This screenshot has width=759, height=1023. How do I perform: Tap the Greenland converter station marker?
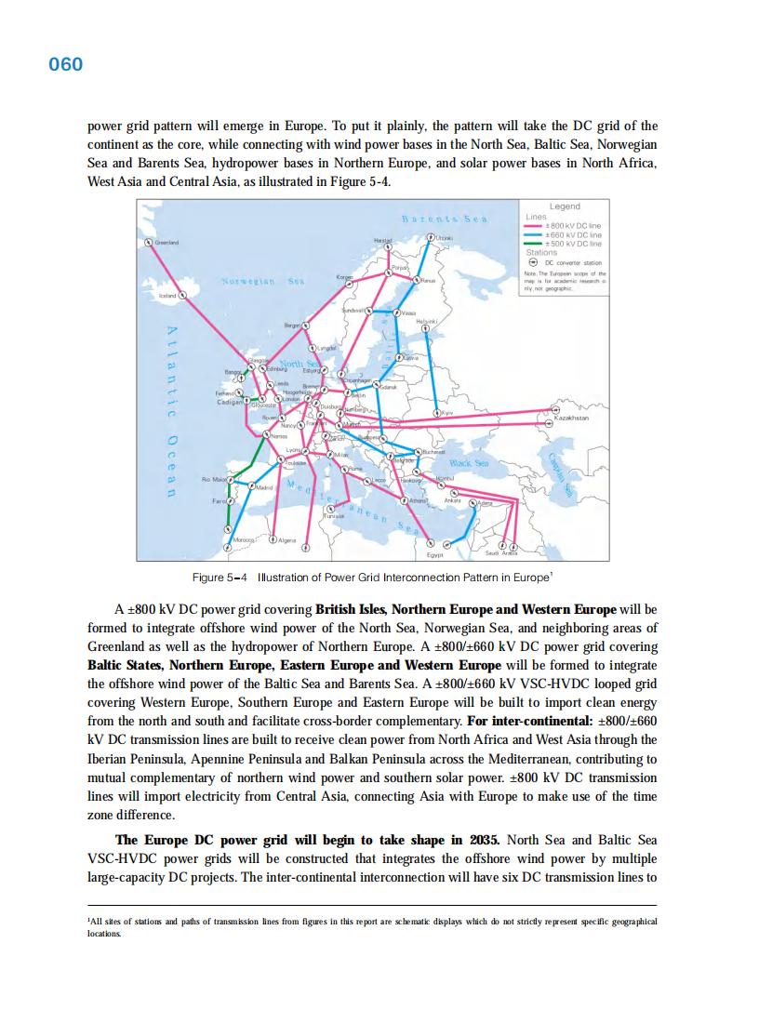148,242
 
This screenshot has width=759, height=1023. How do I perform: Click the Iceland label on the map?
167,295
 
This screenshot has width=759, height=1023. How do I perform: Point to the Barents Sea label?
445,219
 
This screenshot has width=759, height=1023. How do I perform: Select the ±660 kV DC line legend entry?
578,235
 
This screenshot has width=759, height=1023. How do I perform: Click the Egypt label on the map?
433,555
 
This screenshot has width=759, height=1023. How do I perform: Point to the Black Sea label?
469,462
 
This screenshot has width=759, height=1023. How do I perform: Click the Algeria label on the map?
288,540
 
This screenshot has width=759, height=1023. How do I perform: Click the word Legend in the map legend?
565,206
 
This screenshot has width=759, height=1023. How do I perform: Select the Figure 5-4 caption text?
372,578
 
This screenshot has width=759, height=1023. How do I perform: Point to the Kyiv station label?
447,412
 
